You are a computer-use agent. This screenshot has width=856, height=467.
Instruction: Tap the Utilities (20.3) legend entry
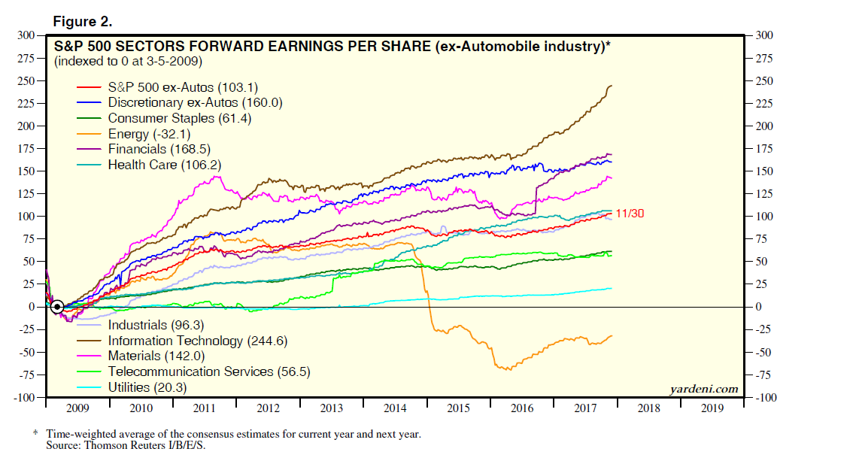point(147,387)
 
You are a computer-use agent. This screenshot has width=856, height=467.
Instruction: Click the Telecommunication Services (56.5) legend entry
point(209,371)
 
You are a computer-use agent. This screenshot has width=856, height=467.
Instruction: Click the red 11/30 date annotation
point(630,214)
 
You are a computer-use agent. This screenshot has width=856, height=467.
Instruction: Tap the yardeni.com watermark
point(703,389)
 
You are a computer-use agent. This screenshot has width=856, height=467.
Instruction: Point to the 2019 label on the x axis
point(712,408)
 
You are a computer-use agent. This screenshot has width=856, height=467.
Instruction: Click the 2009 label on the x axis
point(78,408)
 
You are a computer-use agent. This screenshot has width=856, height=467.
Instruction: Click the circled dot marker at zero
point(57,306)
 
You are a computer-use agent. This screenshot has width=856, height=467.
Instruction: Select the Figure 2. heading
point(83,21)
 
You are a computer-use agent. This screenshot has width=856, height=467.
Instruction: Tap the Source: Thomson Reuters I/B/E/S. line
point(126,445)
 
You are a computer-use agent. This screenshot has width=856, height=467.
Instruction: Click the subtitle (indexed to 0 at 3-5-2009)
point(128,60)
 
